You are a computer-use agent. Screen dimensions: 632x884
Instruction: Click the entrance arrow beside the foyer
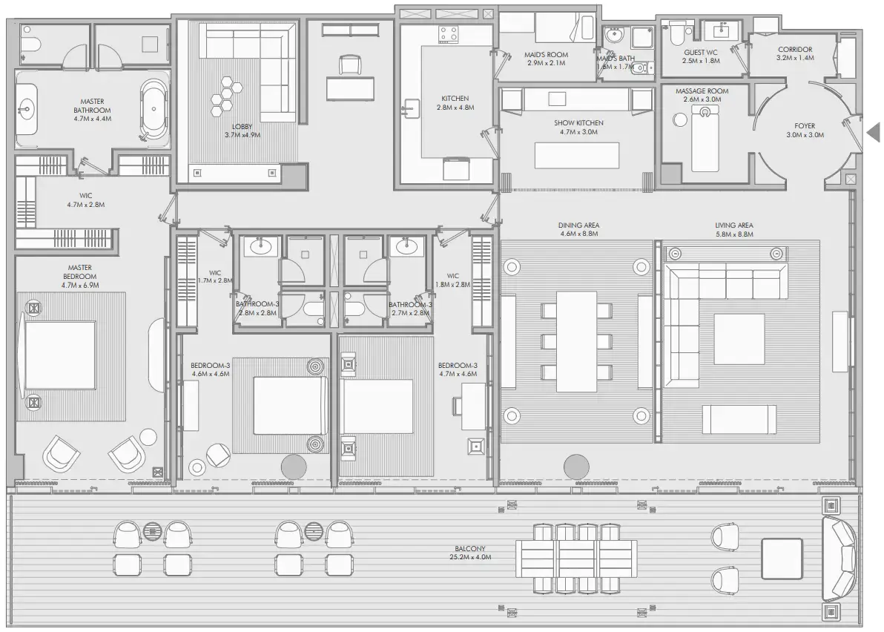(873, 133)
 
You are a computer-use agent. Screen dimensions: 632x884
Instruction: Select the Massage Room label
(702, 91)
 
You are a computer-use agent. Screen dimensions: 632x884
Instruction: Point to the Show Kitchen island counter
(577, 156)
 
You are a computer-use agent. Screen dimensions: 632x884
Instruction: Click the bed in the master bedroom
(61, 355)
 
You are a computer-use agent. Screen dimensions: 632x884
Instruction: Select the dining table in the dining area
(577, 340)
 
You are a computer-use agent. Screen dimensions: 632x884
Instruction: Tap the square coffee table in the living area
(739, 339)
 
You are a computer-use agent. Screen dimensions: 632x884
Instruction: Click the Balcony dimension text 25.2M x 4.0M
(473, 556)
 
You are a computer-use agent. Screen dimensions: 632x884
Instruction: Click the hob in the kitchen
(449, 33)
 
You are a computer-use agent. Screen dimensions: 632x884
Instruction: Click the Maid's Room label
(547, 54)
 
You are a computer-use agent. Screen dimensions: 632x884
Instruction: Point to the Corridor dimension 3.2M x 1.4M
(795, 58)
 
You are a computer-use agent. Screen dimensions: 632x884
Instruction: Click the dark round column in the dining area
(575, 467)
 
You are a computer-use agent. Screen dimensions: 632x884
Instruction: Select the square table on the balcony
(782, 557)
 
